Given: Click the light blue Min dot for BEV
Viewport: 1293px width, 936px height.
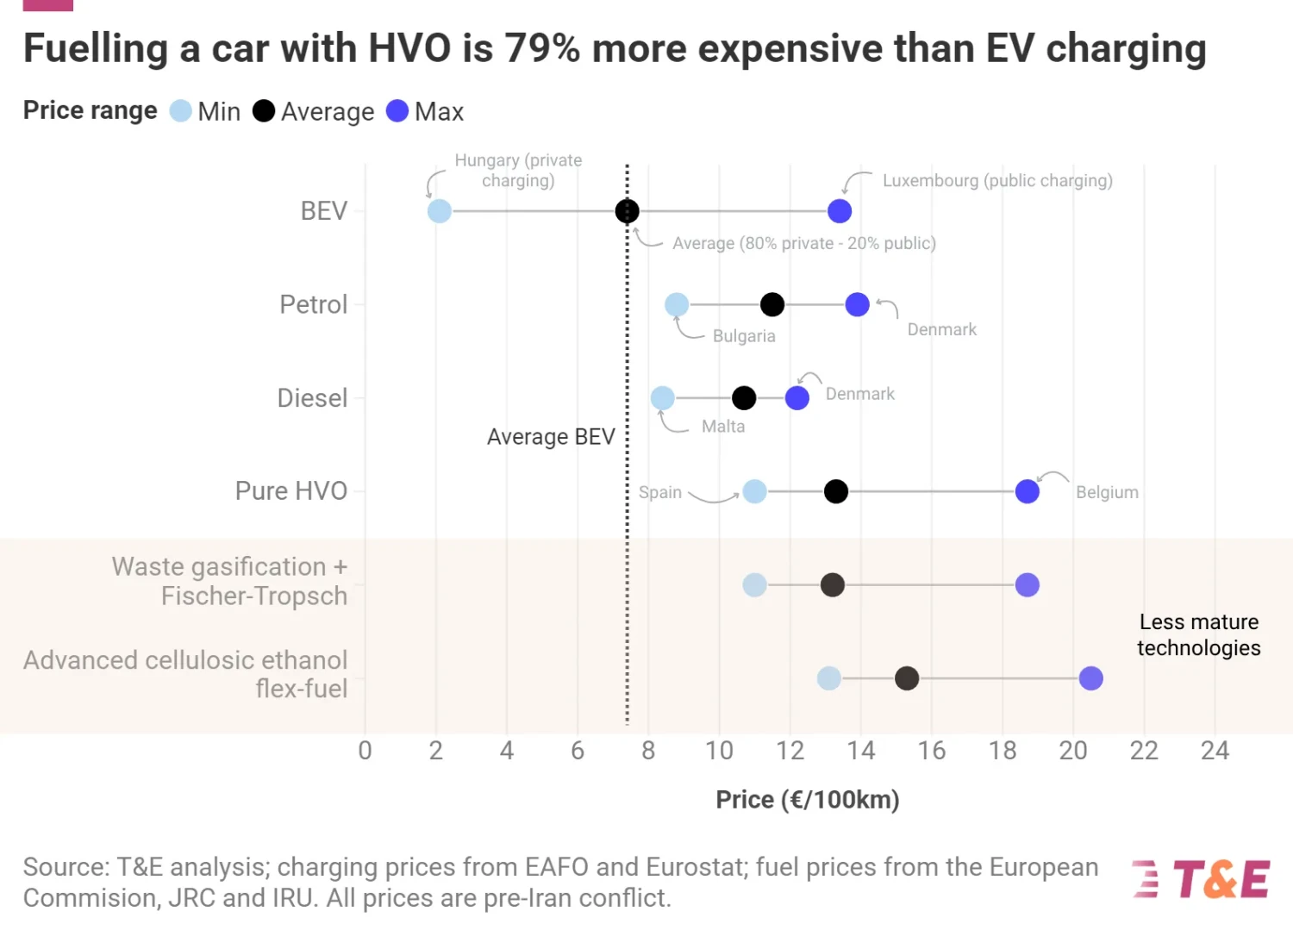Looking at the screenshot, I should [440, 211].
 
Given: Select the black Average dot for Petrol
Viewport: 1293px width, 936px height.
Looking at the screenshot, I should [772, 304].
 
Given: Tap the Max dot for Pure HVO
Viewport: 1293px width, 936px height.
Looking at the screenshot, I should [1027, 491].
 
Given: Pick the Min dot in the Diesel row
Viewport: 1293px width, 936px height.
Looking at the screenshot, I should [662, 398].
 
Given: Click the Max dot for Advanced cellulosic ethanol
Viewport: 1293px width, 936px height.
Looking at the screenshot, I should [1090, 678].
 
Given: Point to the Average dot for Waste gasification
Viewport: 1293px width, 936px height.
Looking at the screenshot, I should [832, 585].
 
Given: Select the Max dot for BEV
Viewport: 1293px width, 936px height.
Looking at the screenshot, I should [840, 211].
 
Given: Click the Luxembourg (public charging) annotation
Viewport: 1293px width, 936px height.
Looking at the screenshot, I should [997, 181].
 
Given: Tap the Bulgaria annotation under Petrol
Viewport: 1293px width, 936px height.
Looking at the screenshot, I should [744, 336].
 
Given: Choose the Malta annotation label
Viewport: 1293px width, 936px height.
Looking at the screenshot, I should [723, 427].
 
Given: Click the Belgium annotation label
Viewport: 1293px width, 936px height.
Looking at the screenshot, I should [1107, 492].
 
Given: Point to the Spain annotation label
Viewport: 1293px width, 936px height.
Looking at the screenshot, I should [660, 492].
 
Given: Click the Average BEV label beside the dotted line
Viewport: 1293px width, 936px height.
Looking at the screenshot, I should [551, 437].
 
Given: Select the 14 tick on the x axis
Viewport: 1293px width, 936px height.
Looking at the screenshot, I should [860, 751].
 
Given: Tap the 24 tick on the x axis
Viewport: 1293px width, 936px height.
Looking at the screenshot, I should [1215, 751].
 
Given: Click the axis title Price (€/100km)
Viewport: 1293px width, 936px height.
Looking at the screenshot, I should [808, 800].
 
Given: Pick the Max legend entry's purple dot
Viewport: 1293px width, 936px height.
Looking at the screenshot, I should [397, 111].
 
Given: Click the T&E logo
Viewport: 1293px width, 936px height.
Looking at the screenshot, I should [1202, 880].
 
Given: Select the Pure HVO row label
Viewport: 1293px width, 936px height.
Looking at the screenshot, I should [291, 491].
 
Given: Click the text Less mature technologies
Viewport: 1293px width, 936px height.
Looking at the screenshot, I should [1198, 635].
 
